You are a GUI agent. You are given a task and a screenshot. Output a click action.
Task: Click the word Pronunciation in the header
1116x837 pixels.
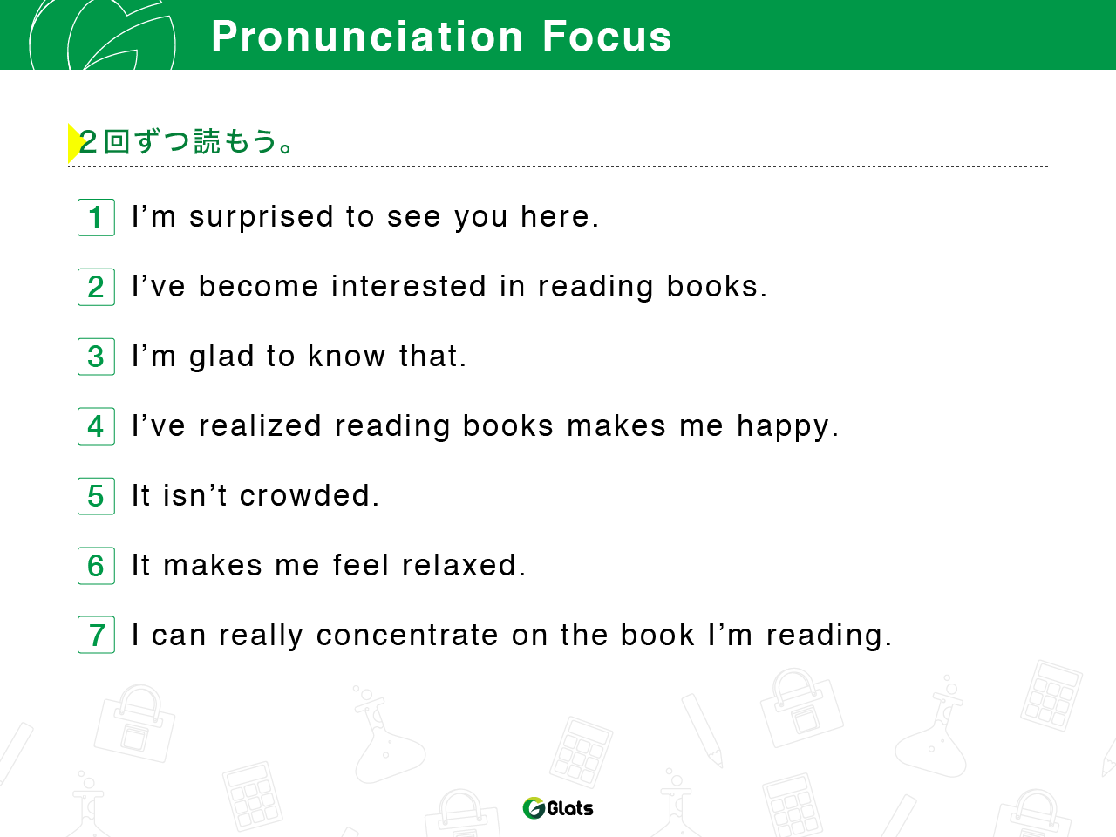click(x=367, y=37)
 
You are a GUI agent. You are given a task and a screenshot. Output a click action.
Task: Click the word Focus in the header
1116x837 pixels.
click(x=607, y=37)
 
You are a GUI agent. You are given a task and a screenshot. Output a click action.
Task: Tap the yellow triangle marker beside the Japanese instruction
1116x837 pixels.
click(x=75, y=143)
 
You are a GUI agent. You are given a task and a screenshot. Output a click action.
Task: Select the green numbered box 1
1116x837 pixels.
click(x=96, y=217)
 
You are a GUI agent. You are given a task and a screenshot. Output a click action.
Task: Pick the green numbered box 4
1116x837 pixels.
click(x=96, y=426)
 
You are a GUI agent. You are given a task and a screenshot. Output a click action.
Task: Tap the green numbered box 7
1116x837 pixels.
click(x=96, y=635)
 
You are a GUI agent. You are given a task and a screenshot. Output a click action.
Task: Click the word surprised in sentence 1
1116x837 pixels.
click(x=262, y=218)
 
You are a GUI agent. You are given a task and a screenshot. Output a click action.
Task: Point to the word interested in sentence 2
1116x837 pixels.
click(x=409, y=286)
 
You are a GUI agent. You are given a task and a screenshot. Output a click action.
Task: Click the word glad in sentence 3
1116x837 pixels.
click(x=221, y=357)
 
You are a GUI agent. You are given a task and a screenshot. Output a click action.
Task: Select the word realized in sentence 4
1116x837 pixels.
click(x=260, y=425)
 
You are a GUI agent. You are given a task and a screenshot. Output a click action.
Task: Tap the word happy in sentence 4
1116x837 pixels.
click(x=783, y=427)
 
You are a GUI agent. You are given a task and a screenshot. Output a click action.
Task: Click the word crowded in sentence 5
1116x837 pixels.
click(x=305, y=495)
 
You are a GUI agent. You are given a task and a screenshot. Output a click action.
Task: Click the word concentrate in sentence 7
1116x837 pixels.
click(x=407, y=636)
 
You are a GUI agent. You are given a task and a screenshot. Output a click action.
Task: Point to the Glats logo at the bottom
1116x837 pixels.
click(x=558, y=808)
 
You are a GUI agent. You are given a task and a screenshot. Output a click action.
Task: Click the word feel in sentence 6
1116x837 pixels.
click(x=361, y=565)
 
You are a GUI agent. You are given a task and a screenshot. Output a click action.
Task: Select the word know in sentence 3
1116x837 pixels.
click(x=347, y=356)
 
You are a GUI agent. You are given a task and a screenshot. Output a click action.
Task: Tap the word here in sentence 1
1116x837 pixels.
click(x=555, y=216)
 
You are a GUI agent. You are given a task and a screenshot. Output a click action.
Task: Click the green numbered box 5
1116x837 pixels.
click(x=96, y=496)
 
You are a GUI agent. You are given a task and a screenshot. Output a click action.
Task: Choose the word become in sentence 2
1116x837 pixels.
click(x=258, y=286)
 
